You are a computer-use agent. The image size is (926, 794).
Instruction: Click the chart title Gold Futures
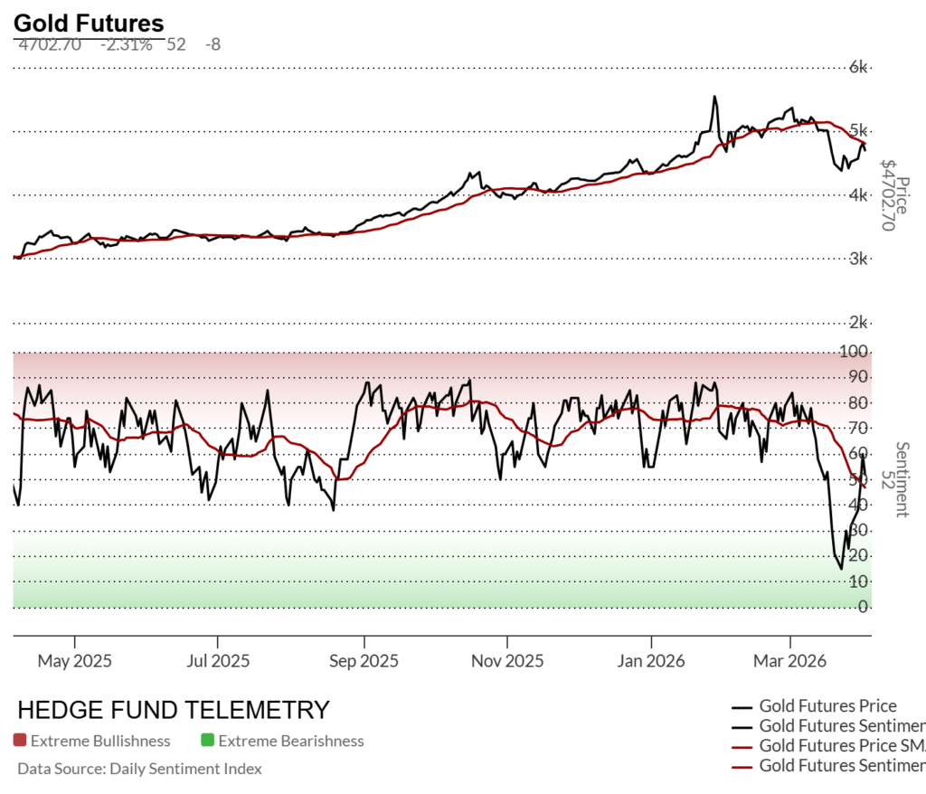coord(89,24)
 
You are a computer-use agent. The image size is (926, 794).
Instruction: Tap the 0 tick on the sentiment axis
coord(864,606)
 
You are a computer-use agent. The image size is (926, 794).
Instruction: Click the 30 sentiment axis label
coord(858,530)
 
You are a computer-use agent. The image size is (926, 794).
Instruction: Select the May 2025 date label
coord(74,661)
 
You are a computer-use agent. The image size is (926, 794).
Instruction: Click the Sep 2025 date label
coord(364,661)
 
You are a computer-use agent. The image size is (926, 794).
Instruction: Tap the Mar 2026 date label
coord(790,661)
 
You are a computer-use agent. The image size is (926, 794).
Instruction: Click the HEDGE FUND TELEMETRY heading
coord(174,710)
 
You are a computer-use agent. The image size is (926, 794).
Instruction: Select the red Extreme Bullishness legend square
coord(20,742)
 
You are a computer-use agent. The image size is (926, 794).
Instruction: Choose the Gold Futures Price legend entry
coord(827,706)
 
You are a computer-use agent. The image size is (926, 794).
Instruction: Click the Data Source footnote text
coord(139,769)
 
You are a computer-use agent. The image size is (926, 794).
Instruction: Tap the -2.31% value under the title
coord(126,43)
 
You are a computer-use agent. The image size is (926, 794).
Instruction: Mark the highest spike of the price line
coord(714,97)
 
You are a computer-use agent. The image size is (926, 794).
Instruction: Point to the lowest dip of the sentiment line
coord(841,568)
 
